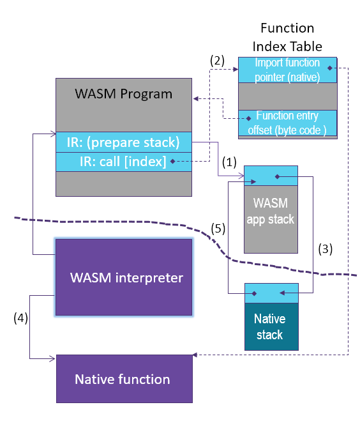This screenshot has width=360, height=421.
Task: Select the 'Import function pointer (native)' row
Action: pos(287,69)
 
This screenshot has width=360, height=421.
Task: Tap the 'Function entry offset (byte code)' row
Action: pos(287,122)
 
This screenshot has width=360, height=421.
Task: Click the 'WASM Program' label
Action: pos(123,95)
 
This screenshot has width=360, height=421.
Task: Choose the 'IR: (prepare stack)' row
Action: pos(123,142)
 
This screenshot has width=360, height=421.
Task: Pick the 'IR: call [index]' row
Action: pos(123,161)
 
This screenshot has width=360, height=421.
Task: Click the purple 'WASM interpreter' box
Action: pos(124,277)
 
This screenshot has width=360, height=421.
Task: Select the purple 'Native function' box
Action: pos(124,379)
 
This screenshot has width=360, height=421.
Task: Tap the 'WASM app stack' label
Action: pos(271,211)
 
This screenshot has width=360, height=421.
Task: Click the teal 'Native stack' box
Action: pos(271,326)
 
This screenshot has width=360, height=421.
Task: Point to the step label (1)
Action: pos(229,162)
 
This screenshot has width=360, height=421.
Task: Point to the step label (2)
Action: pos(218,61)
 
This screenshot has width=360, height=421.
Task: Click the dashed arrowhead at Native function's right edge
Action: pos(195,355)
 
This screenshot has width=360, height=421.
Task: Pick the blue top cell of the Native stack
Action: pos(271,293)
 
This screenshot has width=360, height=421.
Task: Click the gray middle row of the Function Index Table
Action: pos(287,96)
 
